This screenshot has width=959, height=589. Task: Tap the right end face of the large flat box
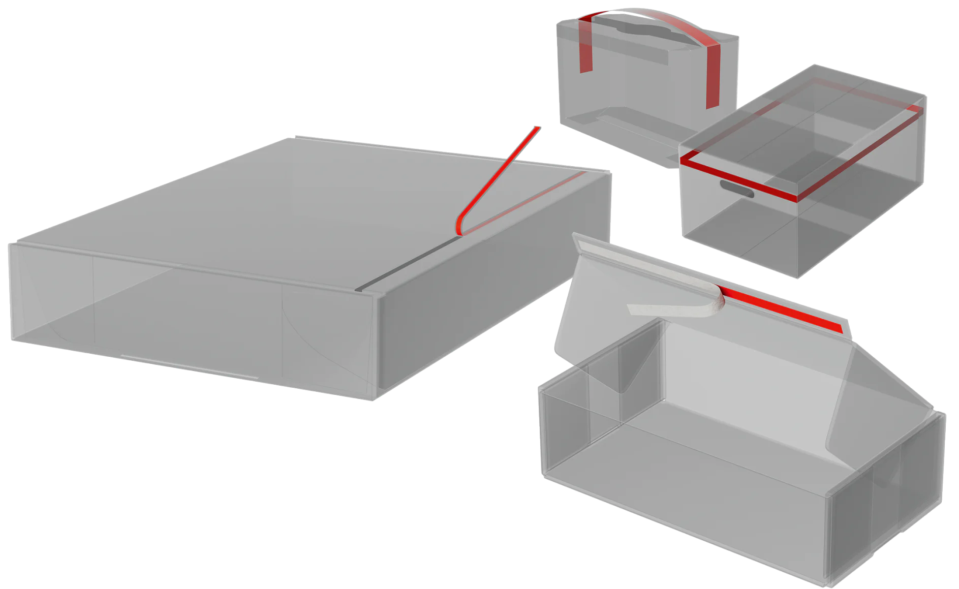pyautogui.click(x=488, y=285)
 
